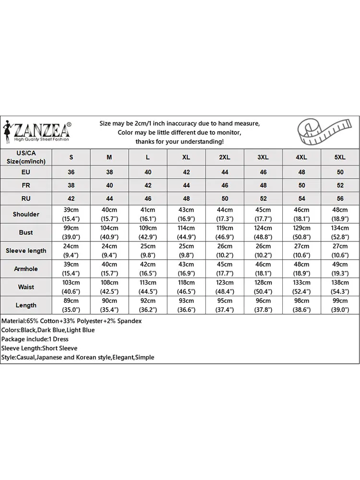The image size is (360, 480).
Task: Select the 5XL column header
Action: (340, 157)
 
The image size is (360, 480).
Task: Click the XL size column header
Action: (186, 157)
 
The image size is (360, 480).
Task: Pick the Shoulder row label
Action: (26, 214)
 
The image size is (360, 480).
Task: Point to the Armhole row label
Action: (26, 269)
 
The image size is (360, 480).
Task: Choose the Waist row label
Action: (26, 287)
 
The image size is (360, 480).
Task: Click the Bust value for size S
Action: (72, 232)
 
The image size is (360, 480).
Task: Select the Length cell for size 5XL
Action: (340, 305)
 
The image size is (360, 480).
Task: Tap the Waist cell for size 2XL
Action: (225, 287)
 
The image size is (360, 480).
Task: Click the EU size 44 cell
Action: (225, 172)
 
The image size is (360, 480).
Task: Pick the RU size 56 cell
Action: (340, 198)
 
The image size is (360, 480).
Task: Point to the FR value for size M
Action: (109, 185)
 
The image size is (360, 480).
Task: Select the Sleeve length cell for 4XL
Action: (301, 251)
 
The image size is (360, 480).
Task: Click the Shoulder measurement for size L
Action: (148, 214)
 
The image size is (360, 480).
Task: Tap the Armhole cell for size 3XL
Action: (263, 269)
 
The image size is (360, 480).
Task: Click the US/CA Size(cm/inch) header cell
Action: (26, 157)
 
